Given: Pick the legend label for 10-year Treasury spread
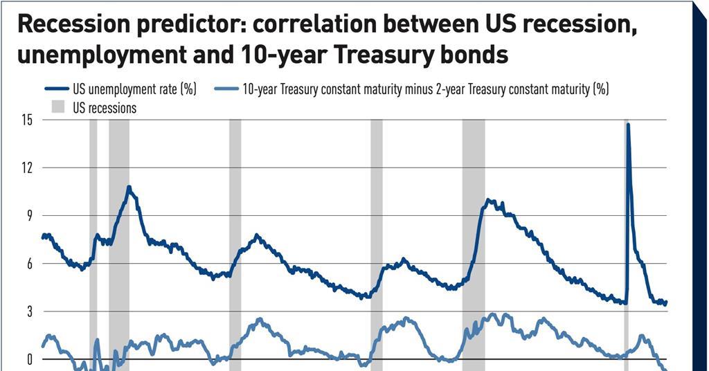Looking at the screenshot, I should point(425,89).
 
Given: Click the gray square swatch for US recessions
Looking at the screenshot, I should point(57,107).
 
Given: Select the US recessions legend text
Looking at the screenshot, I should point(105,107).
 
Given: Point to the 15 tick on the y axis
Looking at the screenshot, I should point(28,120).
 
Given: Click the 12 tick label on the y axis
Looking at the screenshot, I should point(28,168).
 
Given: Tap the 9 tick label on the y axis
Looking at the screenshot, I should point(30,215).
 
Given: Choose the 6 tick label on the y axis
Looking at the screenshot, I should point(30,264).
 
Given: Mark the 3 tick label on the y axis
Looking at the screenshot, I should point(30,311).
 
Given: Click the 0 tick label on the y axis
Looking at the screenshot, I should point(30,359).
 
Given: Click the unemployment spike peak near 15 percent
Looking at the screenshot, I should point(628,125).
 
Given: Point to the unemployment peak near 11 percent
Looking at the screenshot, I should point(129,187).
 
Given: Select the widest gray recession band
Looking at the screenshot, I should point(474,242).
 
